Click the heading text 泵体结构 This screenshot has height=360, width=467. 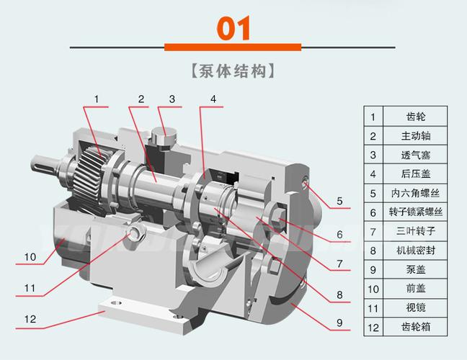(x=233, y=72)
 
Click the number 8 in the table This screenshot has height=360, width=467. (x=373, y=251)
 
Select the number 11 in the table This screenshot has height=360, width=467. (x=373, y=308)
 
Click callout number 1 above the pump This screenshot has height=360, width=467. (x=96, y=99)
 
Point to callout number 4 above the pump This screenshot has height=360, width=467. (x=213, y=99)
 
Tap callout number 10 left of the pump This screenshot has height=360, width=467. (x=30, y=257)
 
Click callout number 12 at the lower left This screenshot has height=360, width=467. (x=30, y=318)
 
